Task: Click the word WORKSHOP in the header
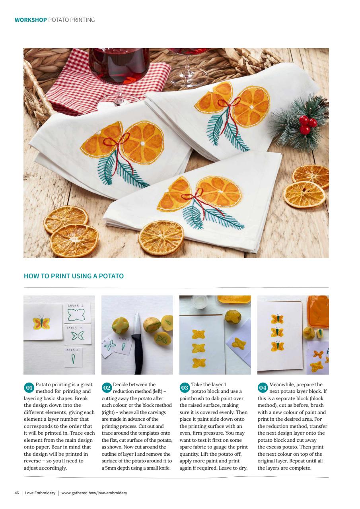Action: click(31, 20)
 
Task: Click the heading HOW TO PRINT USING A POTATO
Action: click(74, 276)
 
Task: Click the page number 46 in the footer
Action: click(17, 493)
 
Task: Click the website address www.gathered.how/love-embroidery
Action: click(94, 493)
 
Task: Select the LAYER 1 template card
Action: click(77, 313)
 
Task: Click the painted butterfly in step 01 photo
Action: click(41, 322)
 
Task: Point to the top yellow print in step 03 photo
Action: click(198, 334)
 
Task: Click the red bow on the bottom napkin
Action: click(192, 195)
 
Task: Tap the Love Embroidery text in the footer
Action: click(40, 493)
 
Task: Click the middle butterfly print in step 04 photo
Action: click(277, 332)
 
